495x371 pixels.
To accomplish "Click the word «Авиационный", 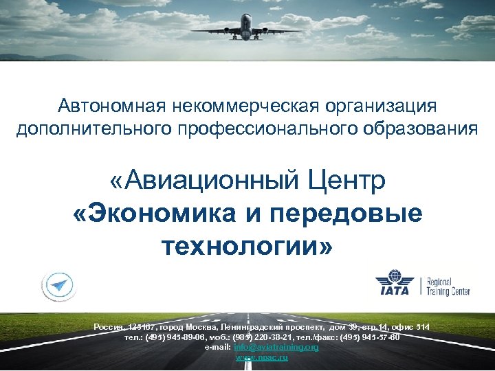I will (201, 182).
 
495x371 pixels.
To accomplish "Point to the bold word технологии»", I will (247, 245).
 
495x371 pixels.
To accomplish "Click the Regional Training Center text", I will (449, 286).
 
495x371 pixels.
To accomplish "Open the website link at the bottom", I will (262, 357).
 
